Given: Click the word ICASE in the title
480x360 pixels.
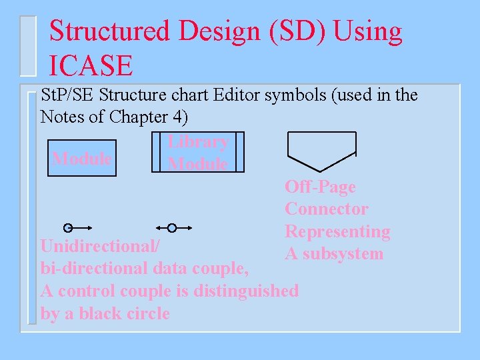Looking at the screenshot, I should pos(91,65).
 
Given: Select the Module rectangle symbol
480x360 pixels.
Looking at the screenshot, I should pos(82,158).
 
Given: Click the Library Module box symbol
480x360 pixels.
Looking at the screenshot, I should pos(197,153).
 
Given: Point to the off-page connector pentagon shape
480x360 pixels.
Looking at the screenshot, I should pos(321,149).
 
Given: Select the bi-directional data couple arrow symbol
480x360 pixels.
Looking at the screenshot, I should pos(171,228).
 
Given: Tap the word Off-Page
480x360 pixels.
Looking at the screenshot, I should pos(320,187).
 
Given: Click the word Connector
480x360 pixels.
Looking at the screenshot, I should pos(326,209).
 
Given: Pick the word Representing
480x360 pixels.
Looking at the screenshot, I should pos(337,232).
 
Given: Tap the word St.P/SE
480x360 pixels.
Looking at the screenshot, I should pos(67,95).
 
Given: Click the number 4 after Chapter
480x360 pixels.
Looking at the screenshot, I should pos(176,117).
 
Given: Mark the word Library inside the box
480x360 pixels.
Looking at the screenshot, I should pos(198,141).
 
